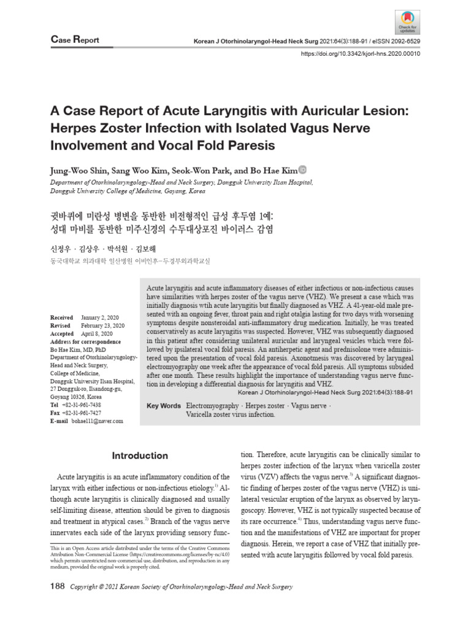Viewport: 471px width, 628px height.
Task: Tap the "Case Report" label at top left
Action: (74, 40)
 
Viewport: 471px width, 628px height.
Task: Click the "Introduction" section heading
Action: (139, 456)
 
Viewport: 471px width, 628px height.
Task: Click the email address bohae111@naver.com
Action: (98, 421)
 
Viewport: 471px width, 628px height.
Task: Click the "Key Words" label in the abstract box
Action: (164, 406)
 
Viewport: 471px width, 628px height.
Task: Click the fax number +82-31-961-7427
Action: (81, 413)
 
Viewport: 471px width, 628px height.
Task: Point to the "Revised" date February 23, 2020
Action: (102, 326)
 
